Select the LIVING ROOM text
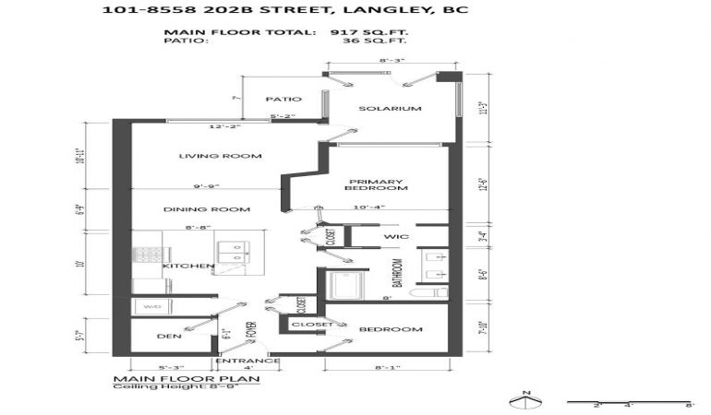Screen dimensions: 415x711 tap(220, 156)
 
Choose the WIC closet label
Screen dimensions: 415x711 tap(397, 238)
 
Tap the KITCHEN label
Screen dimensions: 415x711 tap(188, 267)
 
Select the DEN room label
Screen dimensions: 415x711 tap(169, 337)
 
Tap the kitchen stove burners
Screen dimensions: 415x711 tap(149, 254)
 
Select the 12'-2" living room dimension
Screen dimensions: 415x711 tap(223, 126)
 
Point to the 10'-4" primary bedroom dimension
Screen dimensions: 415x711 tap(367, 207)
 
